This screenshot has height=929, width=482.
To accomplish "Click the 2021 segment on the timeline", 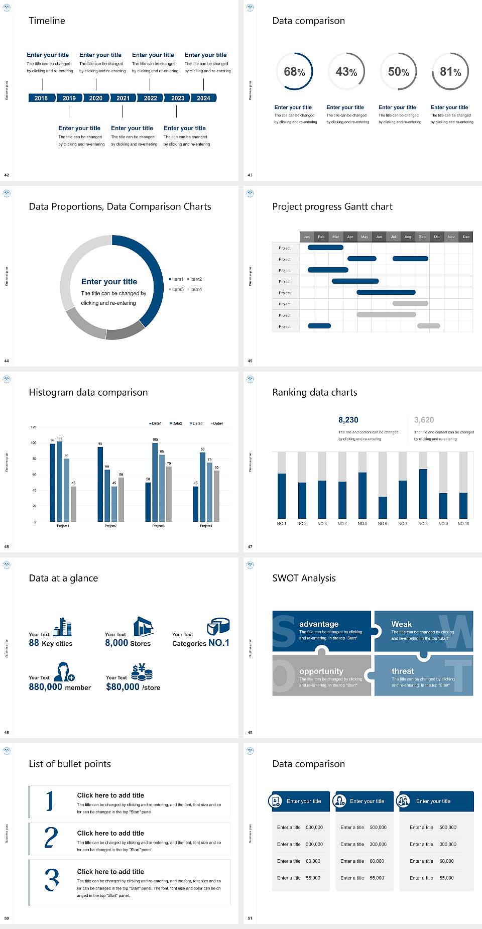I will [x=123, y=98].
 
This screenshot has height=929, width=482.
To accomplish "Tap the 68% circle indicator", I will [x=294, y=72].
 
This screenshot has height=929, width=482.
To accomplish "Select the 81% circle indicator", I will [x=450, y=72].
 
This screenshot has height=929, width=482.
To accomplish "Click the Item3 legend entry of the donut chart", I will [x=177, y=289].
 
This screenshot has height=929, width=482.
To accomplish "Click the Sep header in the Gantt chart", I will [x=422, y=237].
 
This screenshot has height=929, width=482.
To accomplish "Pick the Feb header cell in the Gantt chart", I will [x=321, y=237].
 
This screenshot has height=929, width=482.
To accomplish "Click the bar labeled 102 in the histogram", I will [x=60, y=480].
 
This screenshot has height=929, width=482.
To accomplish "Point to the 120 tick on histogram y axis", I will [x=34, y=427].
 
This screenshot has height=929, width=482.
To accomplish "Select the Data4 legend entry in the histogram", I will [x=217, y=423].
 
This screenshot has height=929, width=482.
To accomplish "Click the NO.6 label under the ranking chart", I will [x=383, y=523].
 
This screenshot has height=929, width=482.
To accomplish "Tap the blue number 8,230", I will [x=348, y=420].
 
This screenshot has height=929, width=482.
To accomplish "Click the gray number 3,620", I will [x=424, y=420].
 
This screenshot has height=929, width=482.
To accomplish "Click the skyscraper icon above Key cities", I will [x=63, y=626].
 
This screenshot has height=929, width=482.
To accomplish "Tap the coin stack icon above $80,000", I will [x=142, y=672].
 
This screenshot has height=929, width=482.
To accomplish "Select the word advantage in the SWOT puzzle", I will [x=319, y=624].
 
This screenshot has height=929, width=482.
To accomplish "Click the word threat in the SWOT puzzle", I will [x=403, y=671].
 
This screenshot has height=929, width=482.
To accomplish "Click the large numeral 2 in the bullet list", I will [x=51, y=838].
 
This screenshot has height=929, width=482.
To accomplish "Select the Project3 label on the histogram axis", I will [x=158, y=526].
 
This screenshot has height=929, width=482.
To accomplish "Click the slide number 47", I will [x=250, y=546].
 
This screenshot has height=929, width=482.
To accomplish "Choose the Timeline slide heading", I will [x=47, y=21].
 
